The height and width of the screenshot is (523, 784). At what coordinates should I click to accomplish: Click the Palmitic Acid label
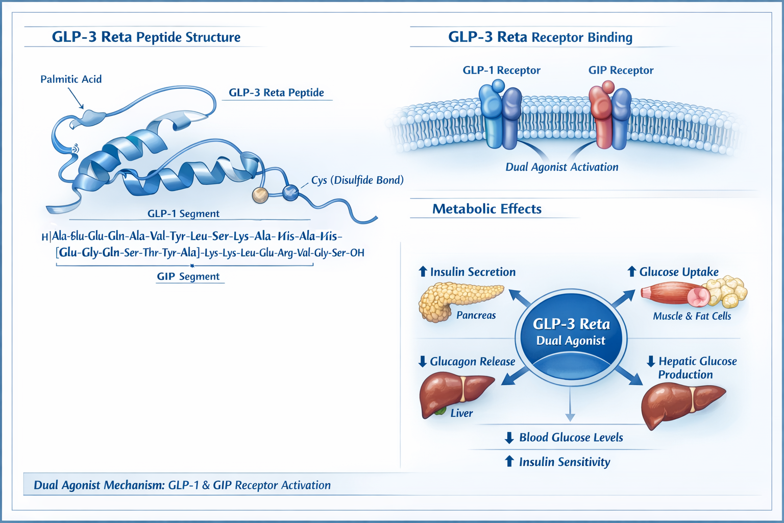point(71,79)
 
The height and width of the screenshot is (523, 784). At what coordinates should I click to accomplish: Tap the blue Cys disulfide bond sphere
point(290,193)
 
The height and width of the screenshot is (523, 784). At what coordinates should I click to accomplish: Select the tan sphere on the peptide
point(260,195)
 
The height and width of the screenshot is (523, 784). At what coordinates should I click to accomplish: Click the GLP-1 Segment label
point(183,213)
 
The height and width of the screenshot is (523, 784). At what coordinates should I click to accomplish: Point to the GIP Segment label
point(188,276)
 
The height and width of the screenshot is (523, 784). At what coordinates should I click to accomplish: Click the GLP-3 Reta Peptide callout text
point(276,92)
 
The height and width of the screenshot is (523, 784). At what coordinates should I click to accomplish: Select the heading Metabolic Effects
point(486,209)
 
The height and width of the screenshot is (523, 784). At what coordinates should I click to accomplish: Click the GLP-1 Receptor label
point(501,70)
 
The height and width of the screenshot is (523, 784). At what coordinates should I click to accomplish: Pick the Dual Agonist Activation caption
point(561,167)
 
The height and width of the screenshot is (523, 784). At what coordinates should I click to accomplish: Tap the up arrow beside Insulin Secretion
point(423,272)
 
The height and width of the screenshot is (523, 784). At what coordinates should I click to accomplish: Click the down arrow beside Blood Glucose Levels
point(509,438)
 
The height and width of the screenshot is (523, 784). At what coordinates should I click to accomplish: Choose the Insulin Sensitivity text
point(564,462)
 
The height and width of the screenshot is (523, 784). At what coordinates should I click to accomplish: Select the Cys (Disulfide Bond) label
point(357,180)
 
